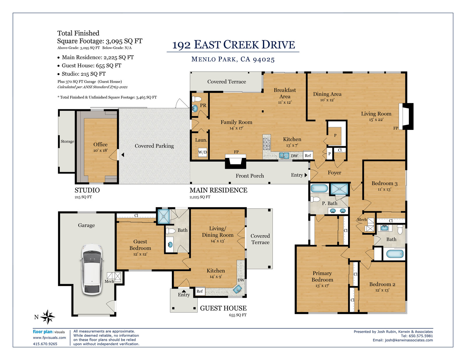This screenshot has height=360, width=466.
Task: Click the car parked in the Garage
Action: point(92,269)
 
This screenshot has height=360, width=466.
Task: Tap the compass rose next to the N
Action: point(47,317)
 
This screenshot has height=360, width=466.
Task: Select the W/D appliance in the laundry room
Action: point(202,152)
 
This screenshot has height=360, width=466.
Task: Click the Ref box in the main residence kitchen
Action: point(308,156)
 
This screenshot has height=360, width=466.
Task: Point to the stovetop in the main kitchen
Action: point(267,144)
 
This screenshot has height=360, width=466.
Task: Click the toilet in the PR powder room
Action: point(197,99)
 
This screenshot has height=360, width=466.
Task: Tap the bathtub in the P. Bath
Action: point(319,188)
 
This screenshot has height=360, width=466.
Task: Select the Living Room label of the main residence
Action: point(376,114)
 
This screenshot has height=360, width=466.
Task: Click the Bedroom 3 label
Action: point(384,183)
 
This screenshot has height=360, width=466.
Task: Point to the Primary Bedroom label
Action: point(322,276)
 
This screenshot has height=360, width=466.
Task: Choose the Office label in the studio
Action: point(100,144)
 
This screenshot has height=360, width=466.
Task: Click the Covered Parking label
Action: point(154,146)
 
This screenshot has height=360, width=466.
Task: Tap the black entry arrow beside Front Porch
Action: point(306,175)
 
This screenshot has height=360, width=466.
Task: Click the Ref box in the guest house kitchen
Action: point(200,291)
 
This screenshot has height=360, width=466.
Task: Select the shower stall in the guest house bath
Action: point(164,216)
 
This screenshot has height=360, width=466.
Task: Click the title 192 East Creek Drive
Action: point(234,45)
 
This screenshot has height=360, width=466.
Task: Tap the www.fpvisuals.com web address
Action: point(49,338)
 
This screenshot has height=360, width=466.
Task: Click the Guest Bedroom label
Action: point(140,245)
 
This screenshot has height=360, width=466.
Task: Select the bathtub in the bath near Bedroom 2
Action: point(395,254)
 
